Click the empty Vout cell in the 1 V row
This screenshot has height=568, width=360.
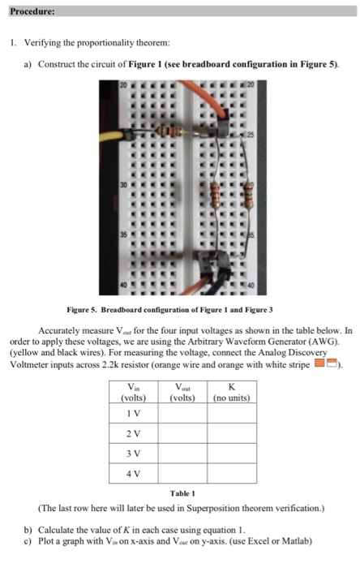[x=182, y=413]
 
